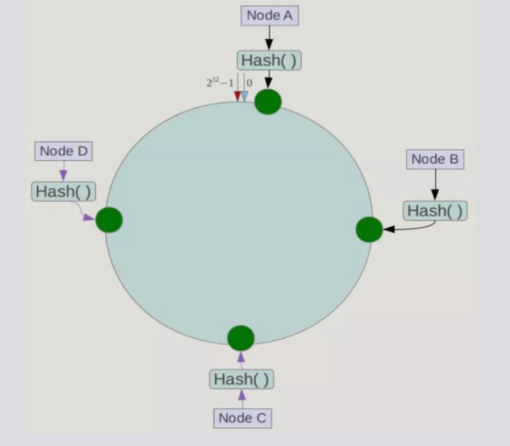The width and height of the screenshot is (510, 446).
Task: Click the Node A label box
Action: pos(269,16)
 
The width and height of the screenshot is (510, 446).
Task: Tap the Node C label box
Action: pos(242,417)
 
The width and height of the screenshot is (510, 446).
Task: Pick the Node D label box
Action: pos(64,151)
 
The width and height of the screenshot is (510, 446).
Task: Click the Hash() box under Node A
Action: pos(269,61)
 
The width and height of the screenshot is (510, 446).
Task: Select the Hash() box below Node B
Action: pos(435,210)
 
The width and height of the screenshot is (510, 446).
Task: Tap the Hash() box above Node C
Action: pos(241,379)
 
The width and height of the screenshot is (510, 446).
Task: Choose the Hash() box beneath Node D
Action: pos(63,191)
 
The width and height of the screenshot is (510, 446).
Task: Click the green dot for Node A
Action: pos(268,102)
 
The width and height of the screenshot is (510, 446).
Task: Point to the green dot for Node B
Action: pos(369,229)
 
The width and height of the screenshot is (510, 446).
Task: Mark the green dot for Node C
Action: pos(241,337)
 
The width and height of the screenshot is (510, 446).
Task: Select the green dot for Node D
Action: pos(109,220)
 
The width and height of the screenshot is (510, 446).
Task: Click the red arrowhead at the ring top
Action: pos(237,96)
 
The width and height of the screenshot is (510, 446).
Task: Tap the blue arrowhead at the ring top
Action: pos(244,96)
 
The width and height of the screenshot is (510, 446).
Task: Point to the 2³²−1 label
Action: pos(219,83)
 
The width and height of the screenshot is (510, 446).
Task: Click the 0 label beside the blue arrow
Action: pos(250,83)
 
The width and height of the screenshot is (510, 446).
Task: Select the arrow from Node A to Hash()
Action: pos(269,38)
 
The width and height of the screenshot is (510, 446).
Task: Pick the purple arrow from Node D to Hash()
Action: pos(63,171)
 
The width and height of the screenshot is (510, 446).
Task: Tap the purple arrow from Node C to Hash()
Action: pos(242,399)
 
